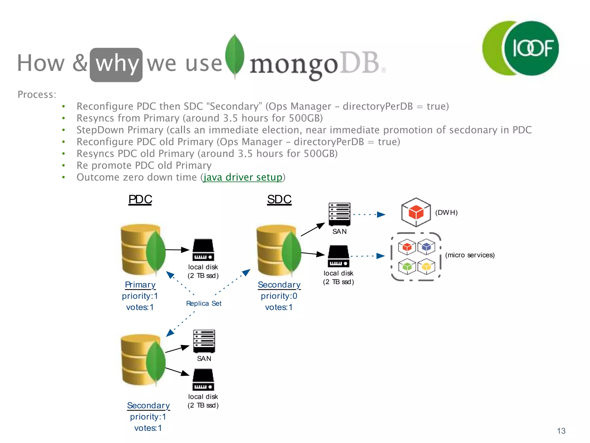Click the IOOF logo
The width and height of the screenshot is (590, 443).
(x=521, y=48)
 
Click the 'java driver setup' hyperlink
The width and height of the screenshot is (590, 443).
(x=243, y=177)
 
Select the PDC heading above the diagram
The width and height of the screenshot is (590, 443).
(x=140, y=199)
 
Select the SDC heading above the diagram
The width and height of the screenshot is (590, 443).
(x=279, y=199)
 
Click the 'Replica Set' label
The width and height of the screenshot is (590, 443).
(x=204, y=303)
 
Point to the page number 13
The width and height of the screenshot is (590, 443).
(x=561, y=431)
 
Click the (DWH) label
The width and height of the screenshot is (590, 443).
(x=446, y=213)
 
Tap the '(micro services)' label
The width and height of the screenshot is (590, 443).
(x=470, y=255)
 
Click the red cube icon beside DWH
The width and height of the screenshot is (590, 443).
(x=416, y=212)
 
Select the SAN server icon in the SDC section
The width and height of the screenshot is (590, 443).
(x=340, y=214)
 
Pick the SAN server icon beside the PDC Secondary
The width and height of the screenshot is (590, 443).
(x=204, y=341)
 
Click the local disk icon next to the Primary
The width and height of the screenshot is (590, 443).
(x=203, y=250)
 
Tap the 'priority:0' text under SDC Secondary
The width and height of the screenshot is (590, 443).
(x=279, y=296)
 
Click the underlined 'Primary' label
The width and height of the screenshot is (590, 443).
(x=140, y=285)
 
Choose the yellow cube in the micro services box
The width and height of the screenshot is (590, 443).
(x=426, y=266)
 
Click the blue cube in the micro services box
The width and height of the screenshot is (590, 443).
(x=426, y=247)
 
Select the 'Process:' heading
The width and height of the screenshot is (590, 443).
(x=37, y=95)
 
